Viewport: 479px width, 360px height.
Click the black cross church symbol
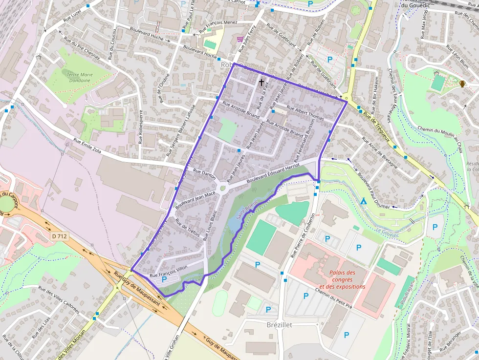[x=261, y=83]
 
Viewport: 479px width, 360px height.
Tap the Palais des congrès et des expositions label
[x=342, y=279]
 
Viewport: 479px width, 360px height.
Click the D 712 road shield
[x=59, y=236]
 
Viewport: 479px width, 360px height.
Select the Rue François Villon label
[x=168, y=272]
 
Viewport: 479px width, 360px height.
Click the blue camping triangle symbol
[x=363, y=201]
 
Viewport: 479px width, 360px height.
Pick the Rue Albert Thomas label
[x=305, y=113]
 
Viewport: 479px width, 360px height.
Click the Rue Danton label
[x=204, y=174]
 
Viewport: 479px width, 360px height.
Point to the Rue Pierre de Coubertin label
[x=302, y=234]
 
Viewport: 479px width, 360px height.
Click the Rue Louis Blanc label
[x=209, y=225]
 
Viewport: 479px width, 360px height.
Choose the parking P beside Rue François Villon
[x=164, y=279]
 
